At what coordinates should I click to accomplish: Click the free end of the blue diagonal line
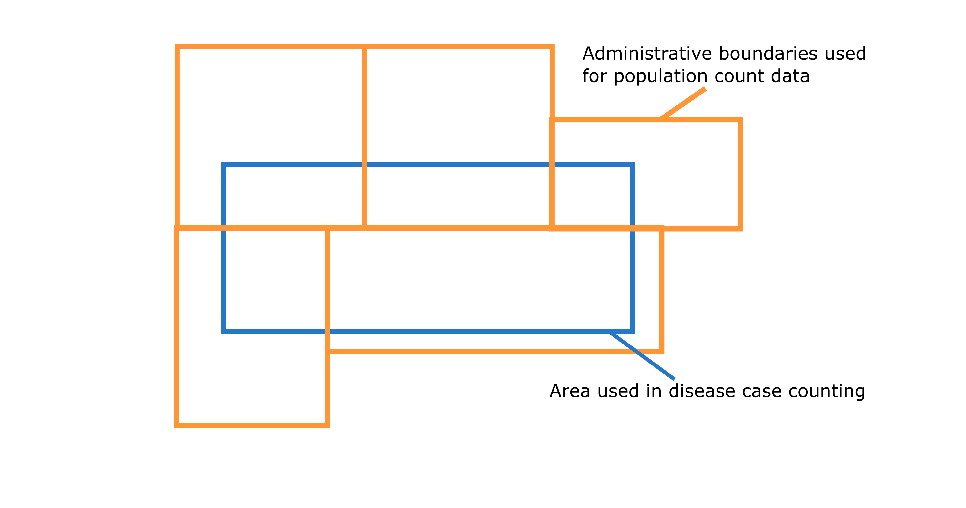click(x=675, y=379)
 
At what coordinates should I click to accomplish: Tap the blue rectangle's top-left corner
click(x=223, y=164)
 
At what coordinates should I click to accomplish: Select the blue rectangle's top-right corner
click(x=632, y=164)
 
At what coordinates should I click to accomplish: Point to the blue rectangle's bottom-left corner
click(x=223, y=331)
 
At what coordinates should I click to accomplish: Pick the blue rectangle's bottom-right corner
click(x=632, y=331)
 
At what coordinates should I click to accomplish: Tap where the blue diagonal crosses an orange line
click(x=637, y=351)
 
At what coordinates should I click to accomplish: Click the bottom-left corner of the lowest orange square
click(x=177, y=425)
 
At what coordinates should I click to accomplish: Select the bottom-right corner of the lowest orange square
click(x=327, y=425)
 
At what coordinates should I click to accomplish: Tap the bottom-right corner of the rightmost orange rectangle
click(x=740, y=229)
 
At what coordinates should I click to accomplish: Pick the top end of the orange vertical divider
click(x=364, y=46)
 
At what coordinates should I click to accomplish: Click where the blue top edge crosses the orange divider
click(x=364, y=164)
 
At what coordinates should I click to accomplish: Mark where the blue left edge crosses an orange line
click(x=223, y=228)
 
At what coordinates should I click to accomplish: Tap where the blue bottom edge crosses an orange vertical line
click(x=327, y=331)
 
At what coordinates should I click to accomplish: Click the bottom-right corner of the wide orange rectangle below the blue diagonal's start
click(x=662, y=351)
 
